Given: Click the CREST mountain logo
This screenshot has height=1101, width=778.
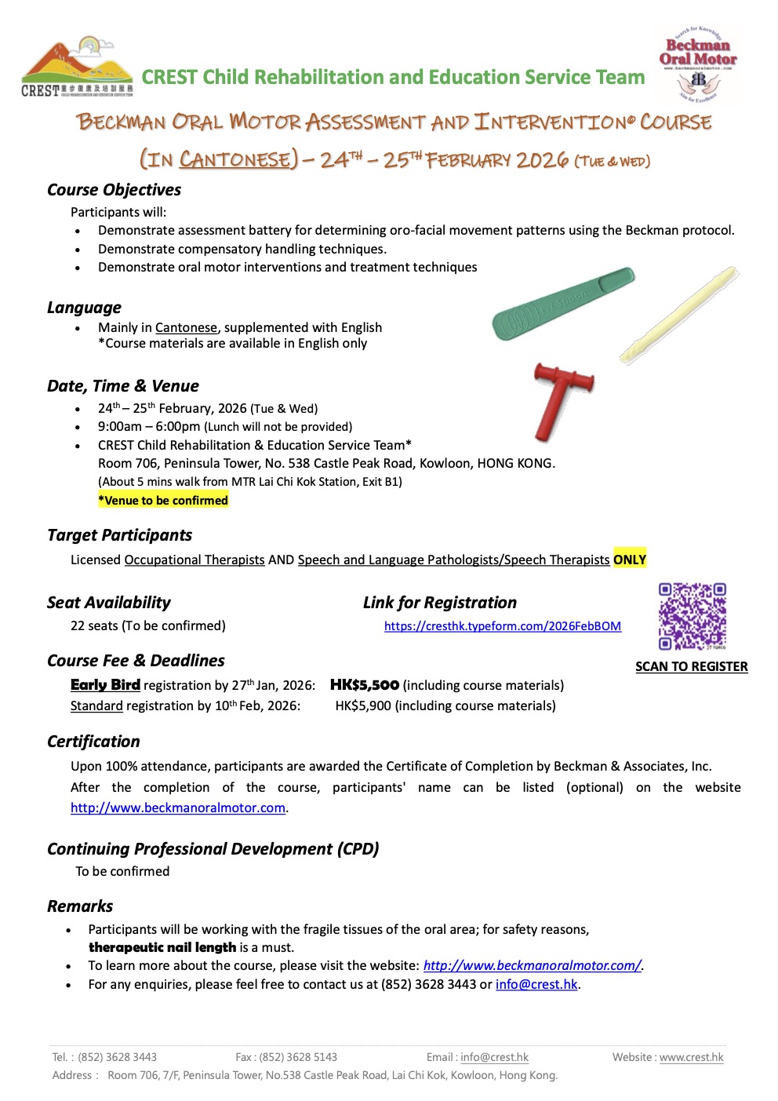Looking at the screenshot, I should point(77,66).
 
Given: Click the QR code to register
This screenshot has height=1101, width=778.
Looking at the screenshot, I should point(692,616).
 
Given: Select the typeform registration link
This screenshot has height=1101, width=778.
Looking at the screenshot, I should point(502,626).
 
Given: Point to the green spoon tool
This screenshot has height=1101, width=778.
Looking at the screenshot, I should point(562,304).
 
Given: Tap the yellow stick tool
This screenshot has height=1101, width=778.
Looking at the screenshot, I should point(679,314).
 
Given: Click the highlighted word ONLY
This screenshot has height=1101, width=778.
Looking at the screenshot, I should point(630,560).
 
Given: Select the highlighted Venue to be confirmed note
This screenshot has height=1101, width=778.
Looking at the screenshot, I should point(163,501).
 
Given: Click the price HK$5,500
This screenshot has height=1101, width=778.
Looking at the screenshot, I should point(365,685).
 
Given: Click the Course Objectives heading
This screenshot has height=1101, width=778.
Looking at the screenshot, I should point(114,190).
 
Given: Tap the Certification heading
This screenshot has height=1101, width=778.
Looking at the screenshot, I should point(93,742).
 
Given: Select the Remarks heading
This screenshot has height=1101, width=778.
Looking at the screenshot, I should point(80,906).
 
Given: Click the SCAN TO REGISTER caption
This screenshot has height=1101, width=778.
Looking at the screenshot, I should point(691,667).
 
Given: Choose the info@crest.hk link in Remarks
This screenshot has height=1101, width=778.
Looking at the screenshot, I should point(536,984).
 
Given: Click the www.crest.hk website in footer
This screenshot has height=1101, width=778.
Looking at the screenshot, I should point(691,1057).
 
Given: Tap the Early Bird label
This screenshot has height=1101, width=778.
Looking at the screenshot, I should point(105,685).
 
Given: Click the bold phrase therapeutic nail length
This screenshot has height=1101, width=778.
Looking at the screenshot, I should point(162,947).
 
